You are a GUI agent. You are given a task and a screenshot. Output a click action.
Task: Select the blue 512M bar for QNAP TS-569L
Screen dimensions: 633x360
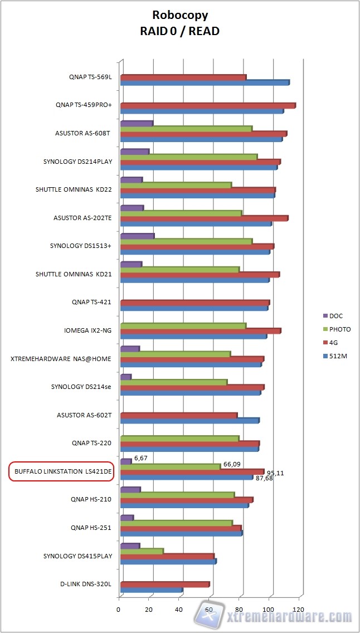204,83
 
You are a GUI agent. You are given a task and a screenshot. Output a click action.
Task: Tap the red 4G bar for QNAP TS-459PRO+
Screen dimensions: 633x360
207,105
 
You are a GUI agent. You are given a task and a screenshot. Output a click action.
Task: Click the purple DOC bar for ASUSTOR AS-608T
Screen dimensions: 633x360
136,123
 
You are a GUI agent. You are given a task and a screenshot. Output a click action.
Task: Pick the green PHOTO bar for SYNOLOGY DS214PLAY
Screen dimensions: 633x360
188,157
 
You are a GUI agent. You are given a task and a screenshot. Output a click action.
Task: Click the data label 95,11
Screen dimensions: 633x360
275,473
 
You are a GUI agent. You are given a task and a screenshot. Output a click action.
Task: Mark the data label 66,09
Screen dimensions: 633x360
231,464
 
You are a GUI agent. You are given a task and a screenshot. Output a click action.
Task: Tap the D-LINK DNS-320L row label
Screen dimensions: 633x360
86,584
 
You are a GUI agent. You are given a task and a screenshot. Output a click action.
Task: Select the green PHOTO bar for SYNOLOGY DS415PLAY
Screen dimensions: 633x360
142,551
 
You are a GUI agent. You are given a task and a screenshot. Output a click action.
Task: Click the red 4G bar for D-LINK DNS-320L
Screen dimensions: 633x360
164,585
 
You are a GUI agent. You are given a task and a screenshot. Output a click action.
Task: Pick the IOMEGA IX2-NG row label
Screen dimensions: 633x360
88,330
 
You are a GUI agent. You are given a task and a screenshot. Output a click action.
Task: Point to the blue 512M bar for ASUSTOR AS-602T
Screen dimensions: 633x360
189,420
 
